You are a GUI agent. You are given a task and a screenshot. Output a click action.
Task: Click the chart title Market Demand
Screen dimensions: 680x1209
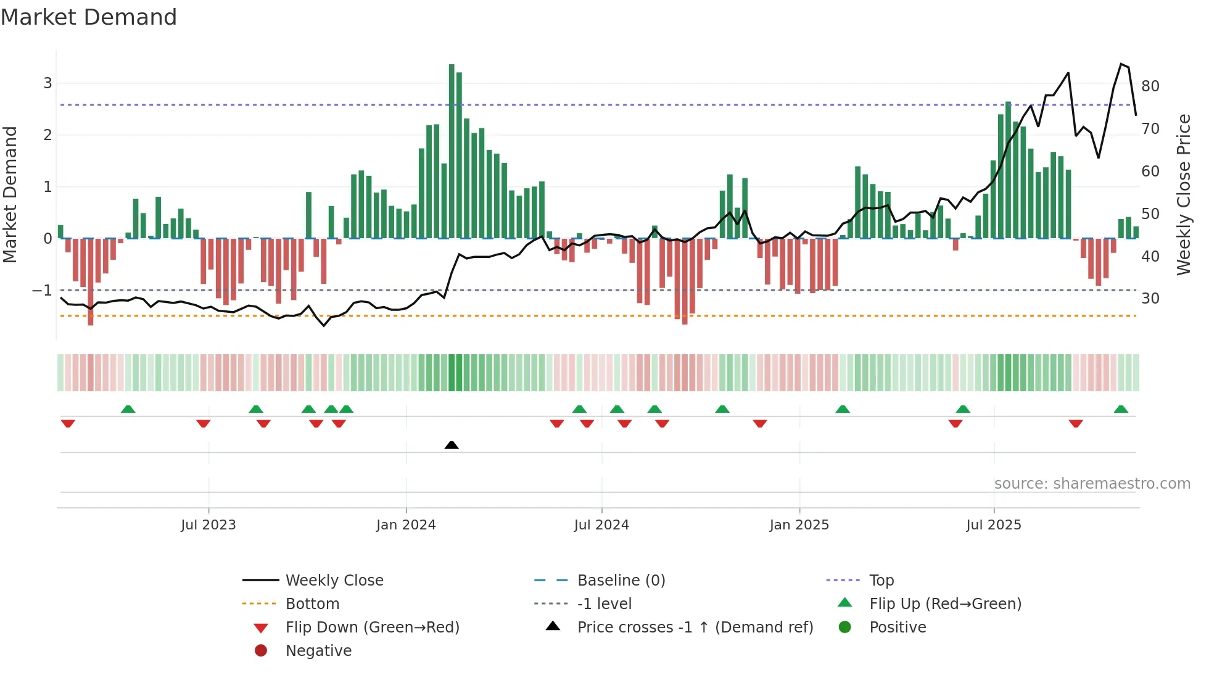tap(89, 17)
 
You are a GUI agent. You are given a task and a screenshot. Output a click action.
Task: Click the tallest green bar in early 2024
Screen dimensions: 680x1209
tap(452, 151)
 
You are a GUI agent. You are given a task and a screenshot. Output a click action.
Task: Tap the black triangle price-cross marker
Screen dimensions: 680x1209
tap(452, 445)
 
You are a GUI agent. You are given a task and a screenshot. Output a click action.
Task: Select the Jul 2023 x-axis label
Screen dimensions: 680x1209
tap(208, 525)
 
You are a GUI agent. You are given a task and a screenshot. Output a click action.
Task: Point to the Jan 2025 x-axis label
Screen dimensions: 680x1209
tap(799, 525)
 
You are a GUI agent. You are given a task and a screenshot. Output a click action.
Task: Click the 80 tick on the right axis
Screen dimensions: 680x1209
tap(1150, 86)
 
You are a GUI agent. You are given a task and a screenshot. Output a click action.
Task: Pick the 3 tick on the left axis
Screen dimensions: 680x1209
tap(47, 83)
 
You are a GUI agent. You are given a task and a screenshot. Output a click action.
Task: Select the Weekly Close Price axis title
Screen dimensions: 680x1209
tap(1183, 194)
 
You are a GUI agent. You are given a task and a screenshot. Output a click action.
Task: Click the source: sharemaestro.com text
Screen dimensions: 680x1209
tap(1092, 484)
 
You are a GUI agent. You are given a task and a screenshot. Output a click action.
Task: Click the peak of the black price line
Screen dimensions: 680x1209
tap(1121, 64)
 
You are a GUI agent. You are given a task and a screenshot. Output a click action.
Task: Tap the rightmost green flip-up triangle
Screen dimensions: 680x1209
tap(1121, 410)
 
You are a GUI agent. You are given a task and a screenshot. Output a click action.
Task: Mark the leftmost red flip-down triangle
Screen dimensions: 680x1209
tap(68, 423)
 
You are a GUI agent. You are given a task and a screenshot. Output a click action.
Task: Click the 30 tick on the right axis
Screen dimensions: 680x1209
tap(1150, 299)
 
